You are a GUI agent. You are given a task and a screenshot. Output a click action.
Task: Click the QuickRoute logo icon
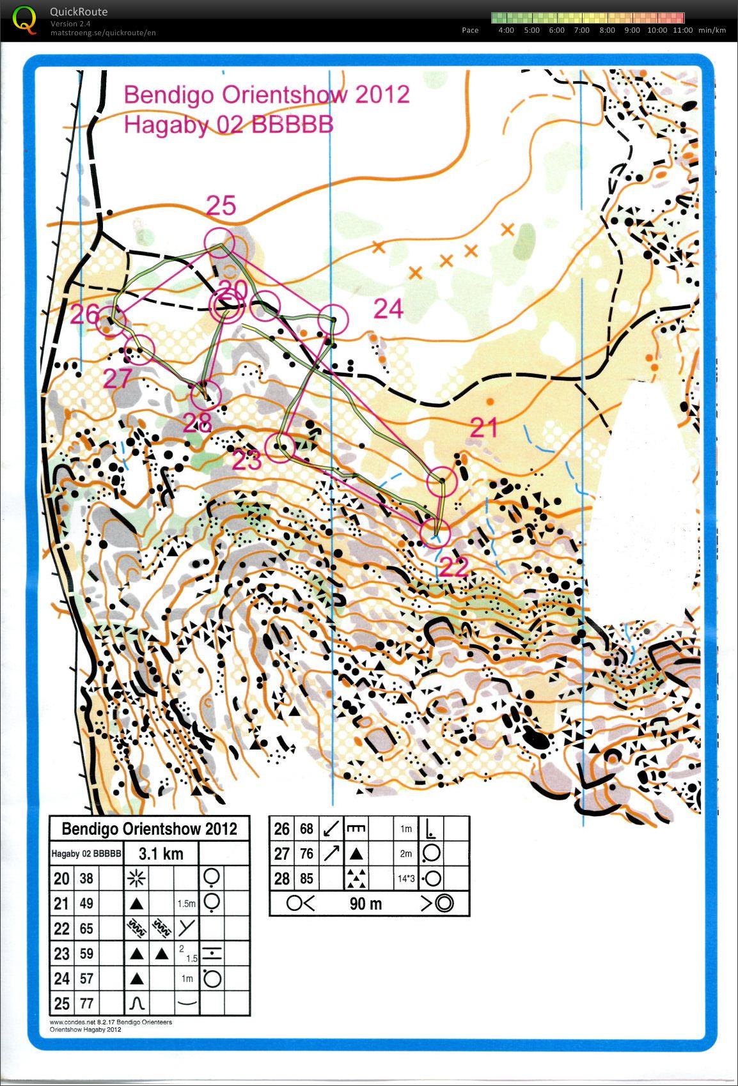click(24, 19)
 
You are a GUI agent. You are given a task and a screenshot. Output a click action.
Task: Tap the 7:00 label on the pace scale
click(581, 30)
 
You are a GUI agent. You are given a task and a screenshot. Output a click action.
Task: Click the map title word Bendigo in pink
click(162, 95)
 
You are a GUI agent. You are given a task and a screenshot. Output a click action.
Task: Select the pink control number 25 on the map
click(221, 206)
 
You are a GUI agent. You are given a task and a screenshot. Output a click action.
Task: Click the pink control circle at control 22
click(435, 532)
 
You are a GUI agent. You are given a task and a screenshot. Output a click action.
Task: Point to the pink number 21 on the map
click(483, 427)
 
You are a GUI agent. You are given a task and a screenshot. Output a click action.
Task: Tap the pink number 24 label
click(388, 309)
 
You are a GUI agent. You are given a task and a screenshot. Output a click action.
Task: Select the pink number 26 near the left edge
click(85, 314)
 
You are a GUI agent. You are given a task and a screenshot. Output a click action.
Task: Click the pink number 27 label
click(118, 378)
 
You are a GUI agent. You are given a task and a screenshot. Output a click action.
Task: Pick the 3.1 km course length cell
click(161, 853)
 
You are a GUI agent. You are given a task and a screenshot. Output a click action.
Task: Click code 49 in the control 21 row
click(86, 903)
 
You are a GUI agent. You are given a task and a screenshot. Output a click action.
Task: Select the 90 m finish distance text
click(366, 903)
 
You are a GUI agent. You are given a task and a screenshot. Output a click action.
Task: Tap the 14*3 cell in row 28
click(406, 878)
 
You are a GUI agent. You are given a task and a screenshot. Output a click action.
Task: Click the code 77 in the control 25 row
click(86, 1003)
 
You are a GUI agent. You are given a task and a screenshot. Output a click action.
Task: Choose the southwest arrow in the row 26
click(331, 828)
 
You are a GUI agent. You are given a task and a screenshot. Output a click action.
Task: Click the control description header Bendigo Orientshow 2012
click(149, 829)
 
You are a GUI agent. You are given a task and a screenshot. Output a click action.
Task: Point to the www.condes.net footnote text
click(110, 1021)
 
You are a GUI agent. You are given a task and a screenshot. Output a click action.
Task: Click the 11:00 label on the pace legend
click(682, 30)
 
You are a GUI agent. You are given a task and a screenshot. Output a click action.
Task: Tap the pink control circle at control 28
click(206, 395)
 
